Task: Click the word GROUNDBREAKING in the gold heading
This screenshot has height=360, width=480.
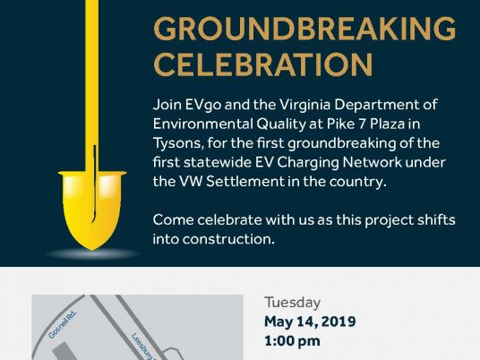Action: point(304,29)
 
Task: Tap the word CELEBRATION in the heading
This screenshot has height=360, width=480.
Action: point(263,64)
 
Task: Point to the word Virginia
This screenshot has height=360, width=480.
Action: point(305,105)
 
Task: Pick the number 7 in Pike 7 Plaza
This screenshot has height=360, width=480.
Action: point(362,124)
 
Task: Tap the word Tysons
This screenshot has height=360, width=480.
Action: point(178,143)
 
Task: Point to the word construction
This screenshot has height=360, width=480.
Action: point(228,239)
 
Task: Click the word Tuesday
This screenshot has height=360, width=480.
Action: point(293,303)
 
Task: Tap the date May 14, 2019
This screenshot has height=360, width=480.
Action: point(310,321)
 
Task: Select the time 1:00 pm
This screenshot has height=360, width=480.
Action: point(292,341)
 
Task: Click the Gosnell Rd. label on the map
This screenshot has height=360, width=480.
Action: point(62,325)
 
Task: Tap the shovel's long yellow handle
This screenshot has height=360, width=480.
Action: point(91,86)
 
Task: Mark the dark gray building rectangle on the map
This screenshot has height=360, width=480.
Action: point(64,351)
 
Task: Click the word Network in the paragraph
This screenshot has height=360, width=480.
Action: point(372,163)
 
